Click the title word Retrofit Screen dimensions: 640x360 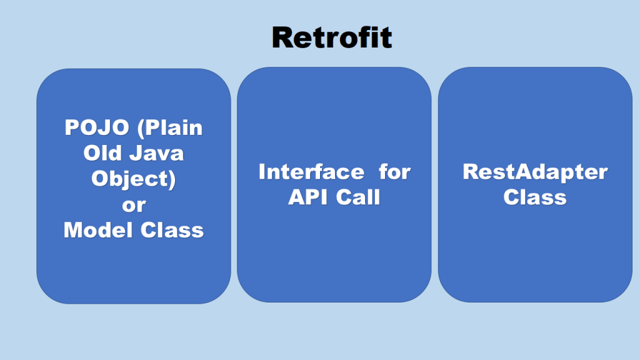(332, 37)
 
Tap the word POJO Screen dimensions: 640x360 (97, 127)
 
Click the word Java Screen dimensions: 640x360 (157, 153)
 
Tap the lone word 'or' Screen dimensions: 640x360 (134, 205)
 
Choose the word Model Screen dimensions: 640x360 (98, 230)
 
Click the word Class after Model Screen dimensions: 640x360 (172, 230)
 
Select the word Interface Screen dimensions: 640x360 (311, 172)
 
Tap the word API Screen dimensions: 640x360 (307, 197)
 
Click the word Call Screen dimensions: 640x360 (358, 197)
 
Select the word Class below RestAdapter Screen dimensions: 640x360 (535, 197)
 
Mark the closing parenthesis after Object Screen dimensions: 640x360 (172, 180)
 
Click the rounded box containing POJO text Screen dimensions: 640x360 (134, 186)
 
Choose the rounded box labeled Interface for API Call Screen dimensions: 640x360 (334, 185)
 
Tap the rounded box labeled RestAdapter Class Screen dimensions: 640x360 (535, 185)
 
